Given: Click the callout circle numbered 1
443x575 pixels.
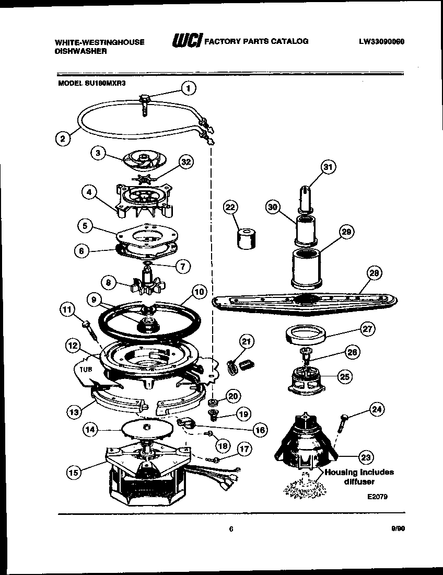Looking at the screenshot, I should pyautogui.click(x=189, y=88).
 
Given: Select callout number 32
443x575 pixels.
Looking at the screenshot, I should pyautogui.click(x=184, y=162).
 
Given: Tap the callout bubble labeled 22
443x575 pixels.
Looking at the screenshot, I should pyautogui.click(x=230, y=207).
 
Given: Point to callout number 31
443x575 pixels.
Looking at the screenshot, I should pyautogui.click(x=328, y=167).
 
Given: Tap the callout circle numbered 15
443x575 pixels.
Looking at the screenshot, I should pyautogui.click(x=75, y=472).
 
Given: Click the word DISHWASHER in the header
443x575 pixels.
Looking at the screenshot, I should pyautogui.click(x=81, y=51).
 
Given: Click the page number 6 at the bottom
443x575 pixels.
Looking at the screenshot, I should pyautogui.click(x=230, y=529).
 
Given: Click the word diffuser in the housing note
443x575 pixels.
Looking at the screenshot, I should pyautogui.click(x=358, y=481).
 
